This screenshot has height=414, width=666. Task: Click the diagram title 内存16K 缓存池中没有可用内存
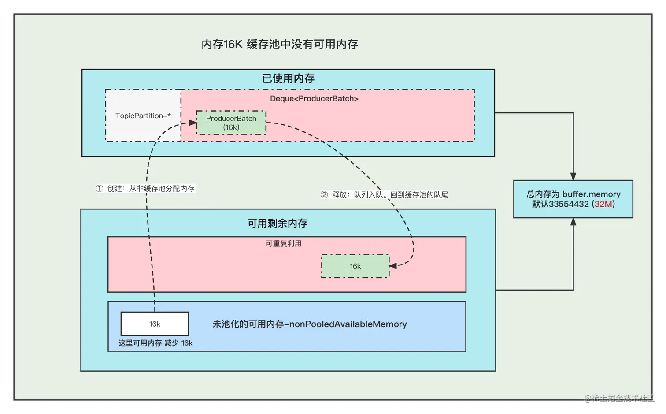coord(279,44)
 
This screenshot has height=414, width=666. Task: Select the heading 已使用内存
coord(288,78)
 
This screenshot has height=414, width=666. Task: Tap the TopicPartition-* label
coord(143,116)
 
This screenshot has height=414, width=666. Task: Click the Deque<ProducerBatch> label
coord(314,98)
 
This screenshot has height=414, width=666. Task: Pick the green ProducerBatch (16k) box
coord(231,123)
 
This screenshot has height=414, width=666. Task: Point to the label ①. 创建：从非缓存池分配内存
coord(145,188)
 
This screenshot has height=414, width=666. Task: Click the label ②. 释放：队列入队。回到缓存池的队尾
coord(384,194)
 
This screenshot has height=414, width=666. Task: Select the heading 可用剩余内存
coord(277,223)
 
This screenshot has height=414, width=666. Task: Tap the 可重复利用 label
coord(283,243)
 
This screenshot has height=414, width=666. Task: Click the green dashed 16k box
coord(355,266)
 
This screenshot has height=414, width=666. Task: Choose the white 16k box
coord(155,324)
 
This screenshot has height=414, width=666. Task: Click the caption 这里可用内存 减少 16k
coord(155,343)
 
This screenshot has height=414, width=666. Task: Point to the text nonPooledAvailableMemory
coord(348,324)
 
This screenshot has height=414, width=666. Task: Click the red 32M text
coord(603,204)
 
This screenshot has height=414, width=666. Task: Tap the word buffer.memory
coord(591,194)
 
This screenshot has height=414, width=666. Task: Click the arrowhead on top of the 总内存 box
coord(573,176)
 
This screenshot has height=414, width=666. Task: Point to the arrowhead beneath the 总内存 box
coord(573,222)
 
